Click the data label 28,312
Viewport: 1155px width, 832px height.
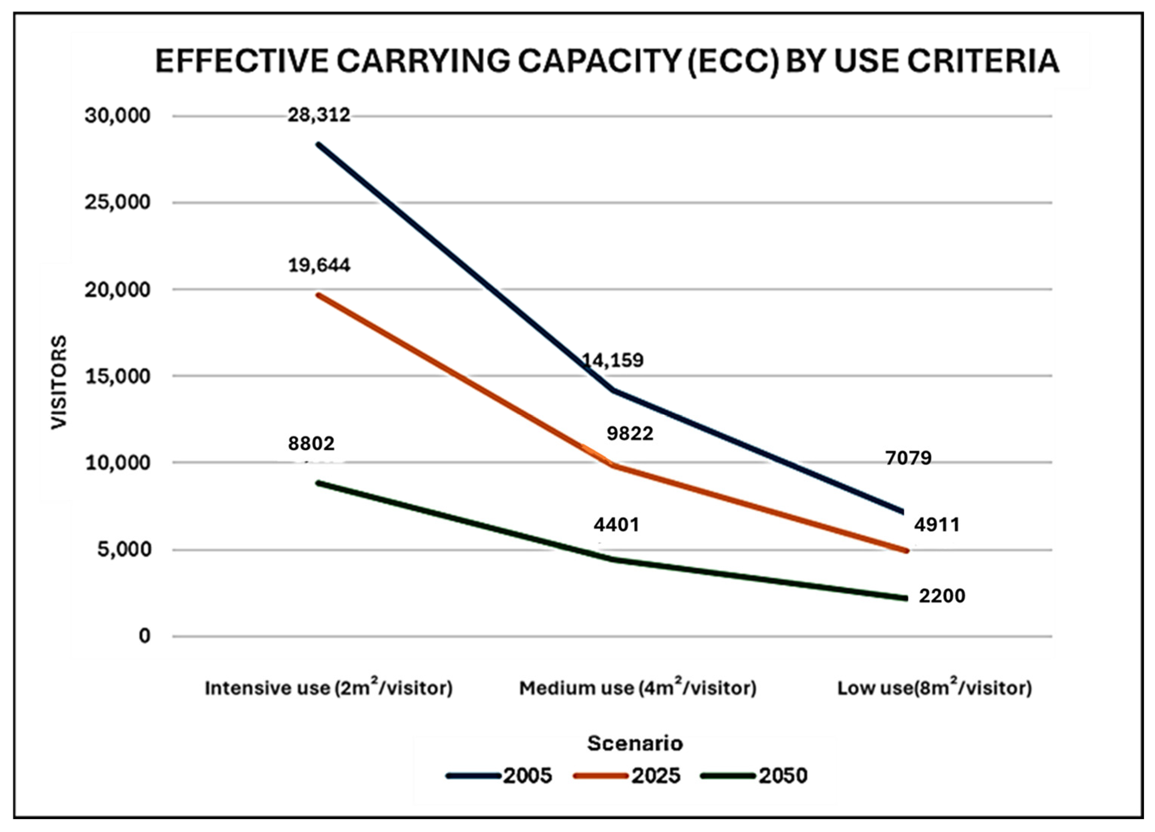pyautogui.click(x=319, y=115)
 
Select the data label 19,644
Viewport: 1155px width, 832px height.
pyautogui.click(x=319, y=265)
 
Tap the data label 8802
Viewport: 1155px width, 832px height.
pyautogui.click(x=311, y=444)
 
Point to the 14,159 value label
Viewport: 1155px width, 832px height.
pyautogui.click(x=613, y=361)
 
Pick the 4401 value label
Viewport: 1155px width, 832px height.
pyautogui.click(x=616, y=524)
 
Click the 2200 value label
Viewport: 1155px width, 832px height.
pyautogui.click(x=942, y=596)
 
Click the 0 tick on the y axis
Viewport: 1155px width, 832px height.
pyautogui.click(x=145, y=636)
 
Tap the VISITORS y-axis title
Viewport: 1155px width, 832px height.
pyautogui.click(x=59, y=382)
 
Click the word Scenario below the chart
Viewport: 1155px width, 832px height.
pyautogui.click(x=635, y=743)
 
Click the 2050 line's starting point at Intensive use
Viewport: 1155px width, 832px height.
pyautogui.click(x=318, y=482)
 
